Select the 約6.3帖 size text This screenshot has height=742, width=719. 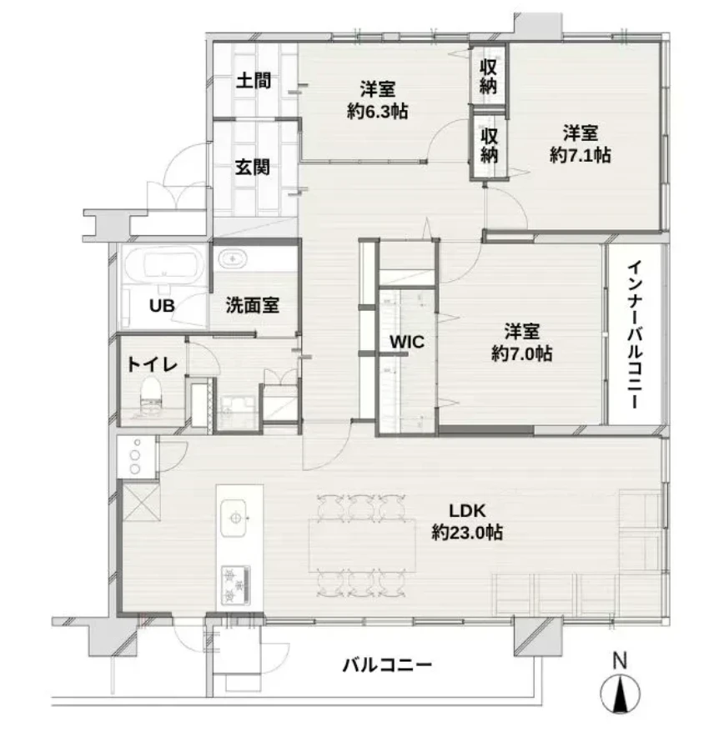click(x=377, y=111)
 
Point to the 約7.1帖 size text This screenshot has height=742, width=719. click(x=581, y=155)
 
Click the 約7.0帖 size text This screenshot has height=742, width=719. click(x=520, y=353)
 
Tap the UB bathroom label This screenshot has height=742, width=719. click(x=162, y=305)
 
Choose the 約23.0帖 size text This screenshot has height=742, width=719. click(x=467, y=532)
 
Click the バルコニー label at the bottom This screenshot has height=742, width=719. click(x=387, y=665)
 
